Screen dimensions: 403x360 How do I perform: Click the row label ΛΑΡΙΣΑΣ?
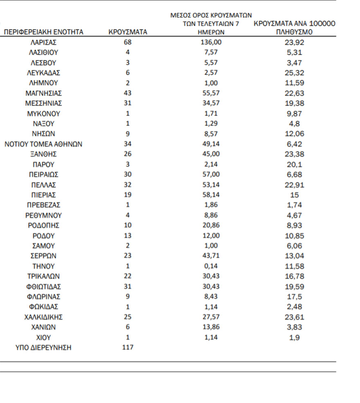43,42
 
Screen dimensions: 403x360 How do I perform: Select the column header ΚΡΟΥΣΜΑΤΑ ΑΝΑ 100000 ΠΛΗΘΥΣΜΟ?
295,28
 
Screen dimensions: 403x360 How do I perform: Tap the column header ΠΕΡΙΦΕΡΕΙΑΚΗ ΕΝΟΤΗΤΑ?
43,32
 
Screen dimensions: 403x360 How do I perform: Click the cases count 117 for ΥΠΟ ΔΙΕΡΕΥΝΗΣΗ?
128,348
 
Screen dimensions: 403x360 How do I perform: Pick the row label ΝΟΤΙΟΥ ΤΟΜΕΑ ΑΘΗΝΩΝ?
43,144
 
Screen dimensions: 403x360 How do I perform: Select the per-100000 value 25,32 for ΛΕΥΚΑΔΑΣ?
295,73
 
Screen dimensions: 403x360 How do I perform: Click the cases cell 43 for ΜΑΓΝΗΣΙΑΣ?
128,93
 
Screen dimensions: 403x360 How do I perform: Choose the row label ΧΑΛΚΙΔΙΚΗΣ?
43,317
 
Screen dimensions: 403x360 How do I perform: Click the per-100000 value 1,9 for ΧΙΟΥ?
295,338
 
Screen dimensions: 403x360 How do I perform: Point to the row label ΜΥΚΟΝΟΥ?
43,114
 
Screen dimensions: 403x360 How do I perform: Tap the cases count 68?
128,42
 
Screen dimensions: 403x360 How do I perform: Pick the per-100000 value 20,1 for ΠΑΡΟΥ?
295,164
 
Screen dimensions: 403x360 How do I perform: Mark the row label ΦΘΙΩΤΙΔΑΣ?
43,287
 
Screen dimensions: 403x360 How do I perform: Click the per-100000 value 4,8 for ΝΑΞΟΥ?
295,124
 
